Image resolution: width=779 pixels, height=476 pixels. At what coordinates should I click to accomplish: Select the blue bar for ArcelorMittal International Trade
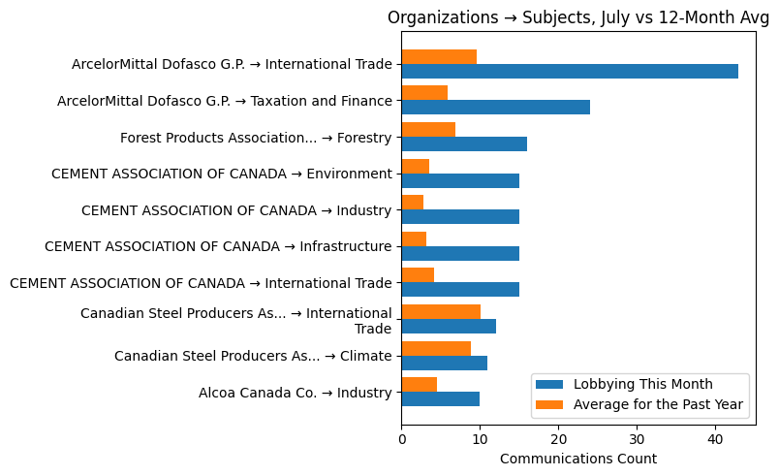pyautogui.click(x=570, y=71)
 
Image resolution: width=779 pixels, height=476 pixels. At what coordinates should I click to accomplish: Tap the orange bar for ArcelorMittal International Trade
pyautogui.click(x=439, y=56)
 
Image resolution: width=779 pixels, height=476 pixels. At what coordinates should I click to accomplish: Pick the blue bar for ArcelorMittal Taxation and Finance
pyautogui.click(x=495, y=108)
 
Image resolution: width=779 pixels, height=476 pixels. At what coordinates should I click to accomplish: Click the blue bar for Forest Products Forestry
pyautogui.click(x=464, y=143)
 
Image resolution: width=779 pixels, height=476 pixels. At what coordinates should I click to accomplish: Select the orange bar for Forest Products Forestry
pyautogui.click(x=428, y=129)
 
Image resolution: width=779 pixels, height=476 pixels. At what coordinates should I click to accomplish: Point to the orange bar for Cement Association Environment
pyautogui.click(x=416, y=166)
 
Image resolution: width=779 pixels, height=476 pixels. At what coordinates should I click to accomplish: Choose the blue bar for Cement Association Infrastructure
pyautogui.click(x=460, y=253)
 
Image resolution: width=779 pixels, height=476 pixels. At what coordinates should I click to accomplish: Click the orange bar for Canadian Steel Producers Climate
pyautogui.click(x=436, y=348)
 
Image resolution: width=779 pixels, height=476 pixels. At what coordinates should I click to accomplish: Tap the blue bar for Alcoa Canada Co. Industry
pyautogui.click(x=441, y=398)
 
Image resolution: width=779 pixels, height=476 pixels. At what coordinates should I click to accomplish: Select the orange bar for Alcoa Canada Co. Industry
pyautogui.click(x=420, y=384)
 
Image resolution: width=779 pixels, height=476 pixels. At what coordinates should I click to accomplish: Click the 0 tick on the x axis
pyautogui.click(x=402, y=439)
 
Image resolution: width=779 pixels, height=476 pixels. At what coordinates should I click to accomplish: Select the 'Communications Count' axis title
pyautogui.click(x=578, y=459)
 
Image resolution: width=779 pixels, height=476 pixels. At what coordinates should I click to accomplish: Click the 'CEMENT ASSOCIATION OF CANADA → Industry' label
pyautogui.click(x=236, y=210)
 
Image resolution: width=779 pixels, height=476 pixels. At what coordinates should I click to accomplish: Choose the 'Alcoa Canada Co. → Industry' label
pyautogui.click(x=295, y=393)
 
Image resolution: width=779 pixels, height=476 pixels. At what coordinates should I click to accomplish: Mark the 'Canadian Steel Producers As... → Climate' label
pyautogui.click(x=253, y=356)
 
